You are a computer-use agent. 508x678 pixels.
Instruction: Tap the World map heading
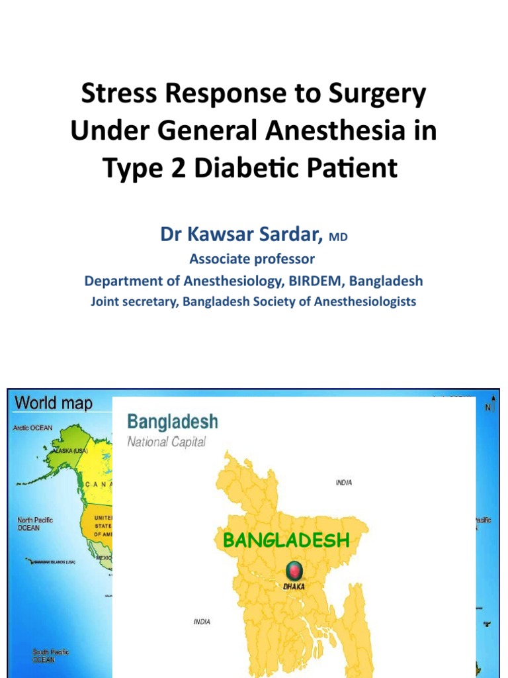(54, 403)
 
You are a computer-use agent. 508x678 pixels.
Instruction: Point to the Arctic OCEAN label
(33, 428)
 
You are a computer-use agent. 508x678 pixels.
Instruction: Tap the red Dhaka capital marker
(294, 569)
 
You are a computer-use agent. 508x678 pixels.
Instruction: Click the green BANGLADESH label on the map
(286, 540)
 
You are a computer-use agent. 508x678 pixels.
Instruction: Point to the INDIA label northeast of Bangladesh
(343, 483)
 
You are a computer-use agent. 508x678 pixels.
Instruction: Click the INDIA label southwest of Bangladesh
(202, 622)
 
